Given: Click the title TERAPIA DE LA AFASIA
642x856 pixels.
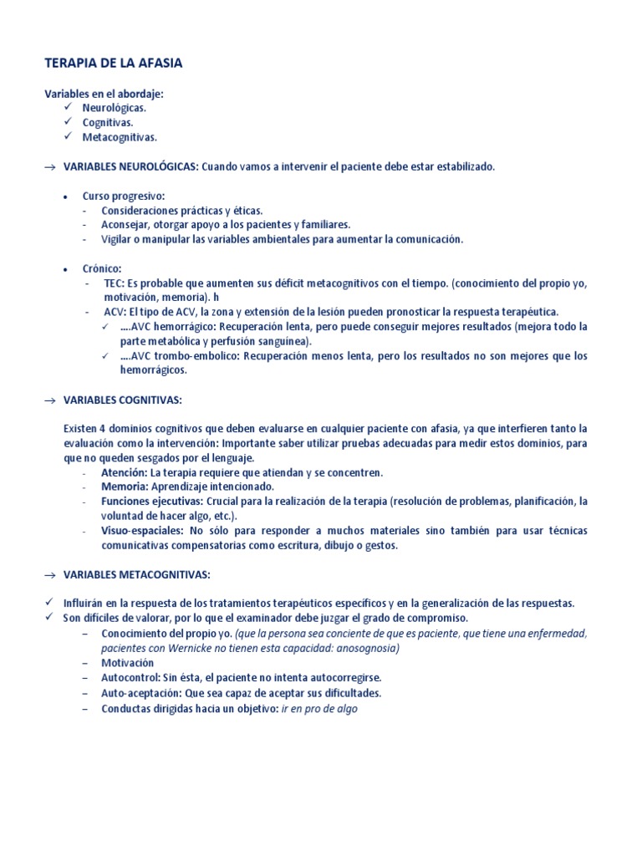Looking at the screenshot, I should (113, 64).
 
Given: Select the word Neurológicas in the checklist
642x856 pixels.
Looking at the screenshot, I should (115, 108).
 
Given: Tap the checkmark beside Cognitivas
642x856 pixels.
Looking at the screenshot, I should (69, 122).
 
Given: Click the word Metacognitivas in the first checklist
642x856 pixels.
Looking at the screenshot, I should (120, 136).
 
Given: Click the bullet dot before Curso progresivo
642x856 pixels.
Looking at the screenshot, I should (65, 196).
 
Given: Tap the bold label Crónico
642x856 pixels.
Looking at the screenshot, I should (102, 268).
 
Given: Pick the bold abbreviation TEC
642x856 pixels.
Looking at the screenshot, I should (114, 283).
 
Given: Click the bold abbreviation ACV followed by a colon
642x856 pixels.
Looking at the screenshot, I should (115, 312).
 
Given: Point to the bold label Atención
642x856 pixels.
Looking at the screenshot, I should (124, 472).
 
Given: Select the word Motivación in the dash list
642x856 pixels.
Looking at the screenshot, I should (128, 663).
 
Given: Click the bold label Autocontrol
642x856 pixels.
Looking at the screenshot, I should (131, 678).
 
